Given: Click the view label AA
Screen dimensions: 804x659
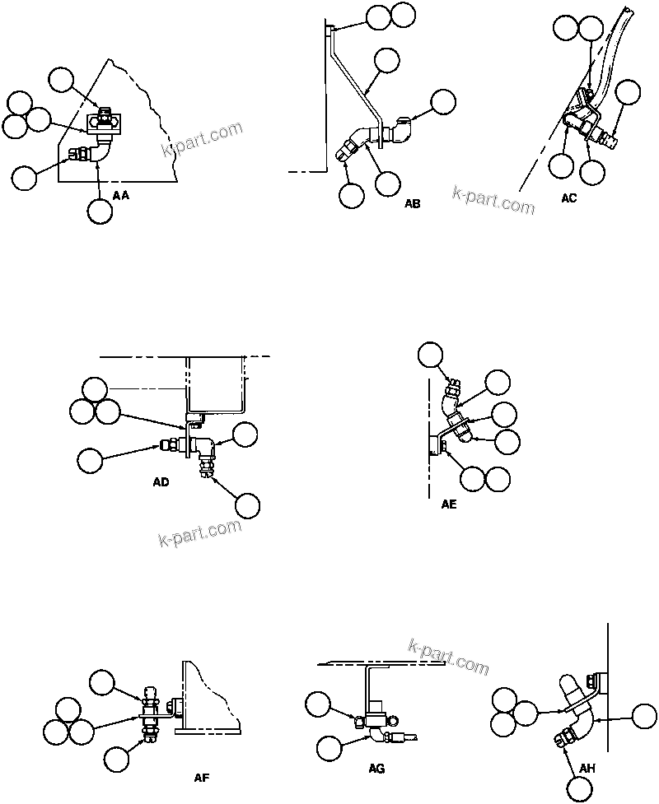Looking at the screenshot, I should pos(120,195).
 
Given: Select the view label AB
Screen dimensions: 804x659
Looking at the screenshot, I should pos(412,203).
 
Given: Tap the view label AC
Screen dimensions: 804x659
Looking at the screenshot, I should pos(568,198).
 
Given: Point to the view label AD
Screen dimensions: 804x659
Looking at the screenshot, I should pos(161,482).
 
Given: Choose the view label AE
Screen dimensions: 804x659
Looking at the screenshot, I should pos(449,505).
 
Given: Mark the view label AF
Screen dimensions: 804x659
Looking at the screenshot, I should pos(201,777).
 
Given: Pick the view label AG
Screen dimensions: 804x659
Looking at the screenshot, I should pos(376,769).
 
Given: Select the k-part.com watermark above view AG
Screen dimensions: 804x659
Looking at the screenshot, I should pos(448,657).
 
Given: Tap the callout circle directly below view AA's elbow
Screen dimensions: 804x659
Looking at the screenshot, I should pos(100,211).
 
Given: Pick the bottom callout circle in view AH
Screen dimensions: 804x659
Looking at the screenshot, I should pos(580,789).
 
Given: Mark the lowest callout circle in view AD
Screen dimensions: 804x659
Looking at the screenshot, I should pos(248,506).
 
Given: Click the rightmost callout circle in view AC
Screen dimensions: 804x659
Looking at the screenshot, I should pos(628,92).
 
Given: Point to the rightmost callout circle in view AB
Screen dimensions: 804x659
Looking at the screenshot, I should pos(443,101).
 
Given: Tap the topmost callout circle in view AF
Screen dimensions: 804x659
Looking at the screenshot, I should pos(102,681).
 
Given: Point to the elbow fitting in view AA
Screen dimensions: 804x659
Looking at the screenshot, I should pos(100,150).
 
